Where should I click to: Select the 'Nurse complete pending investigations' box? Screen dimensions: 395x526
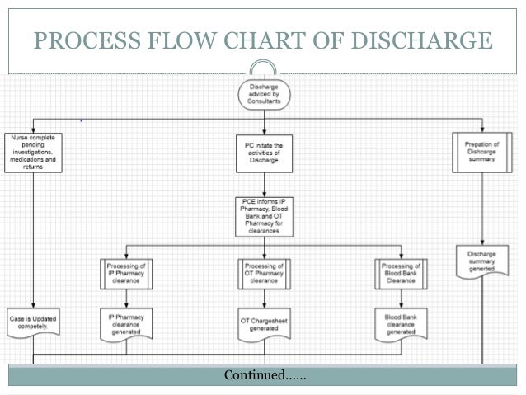point(34,149)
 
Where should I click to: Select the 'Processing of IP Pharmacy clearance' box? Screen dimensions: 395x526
point(127,272)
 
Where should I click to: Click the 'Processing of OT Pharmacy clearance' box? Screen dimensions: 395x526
point(264,272)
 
